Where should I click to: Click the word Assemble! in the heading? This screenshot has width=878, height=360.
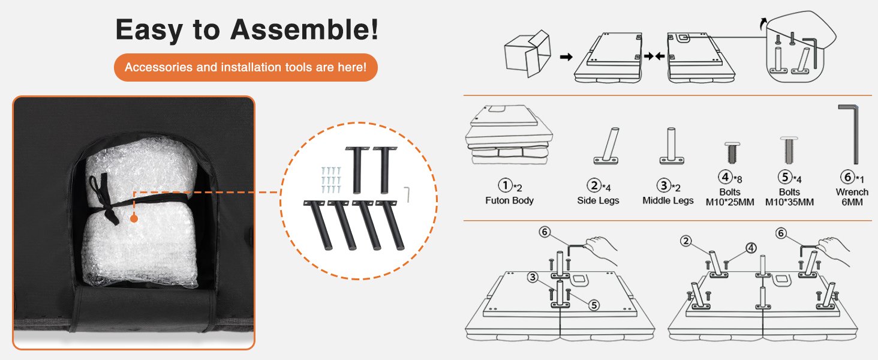click(304, 30)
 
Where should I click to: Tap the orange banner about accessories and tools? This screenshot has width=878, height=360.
click(246, 67)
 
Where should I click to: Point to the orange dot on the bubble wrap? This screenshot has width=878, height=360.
click(134, 218)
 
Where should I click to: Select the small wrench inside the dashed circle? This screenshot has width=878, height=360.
click(407, 194)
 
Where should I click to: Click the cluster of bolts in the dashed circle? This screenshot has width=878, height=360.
click(331, 180)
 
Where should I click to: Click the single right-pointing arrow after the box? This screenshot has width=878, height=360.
click(566, 57)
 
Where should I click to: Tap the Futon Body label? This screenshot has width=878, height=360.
click(509, 200)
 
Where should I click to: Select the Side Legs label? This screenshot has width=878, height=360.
click(598, 200)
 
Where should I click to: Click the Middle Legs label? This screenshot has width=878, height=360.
click(667, 200)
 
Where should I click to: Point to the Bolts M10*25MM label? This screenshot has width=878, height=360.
click(730, 197)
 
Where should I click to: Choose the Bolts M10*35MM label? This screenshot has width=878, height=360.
click(789, 197)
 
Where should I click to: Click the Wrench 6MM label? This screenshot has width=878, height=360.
click(852, 197)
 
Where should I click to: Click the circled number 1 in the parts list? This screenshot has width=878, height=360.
click(505, 185)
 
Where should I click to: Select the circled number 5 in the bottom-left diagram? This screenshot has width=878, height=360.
click(594, 305)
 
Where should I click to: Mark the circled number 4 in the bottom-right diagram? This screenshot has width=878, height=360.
click(751, 248)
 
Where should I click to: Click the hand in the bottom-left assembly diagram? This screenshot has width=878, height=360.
click(601, 250)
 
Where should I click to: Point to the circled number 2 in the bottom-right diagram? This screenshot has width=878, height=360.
click(685, 241)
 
